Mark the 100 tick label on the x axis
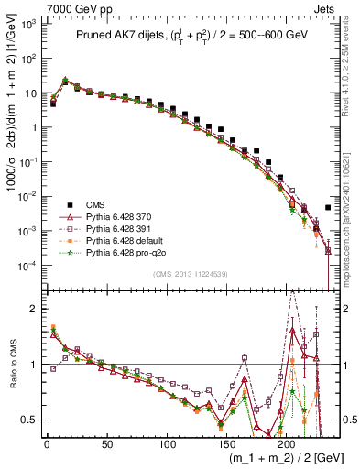click(x=167, y=444)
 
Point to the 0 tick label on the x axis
click(x=47, y=444)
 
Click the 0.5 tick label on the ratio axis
click(x=29, y=420)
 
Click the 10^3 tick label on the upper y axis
click(x=28, y=25)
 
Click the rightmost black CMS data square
click(x=328, y=208)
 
